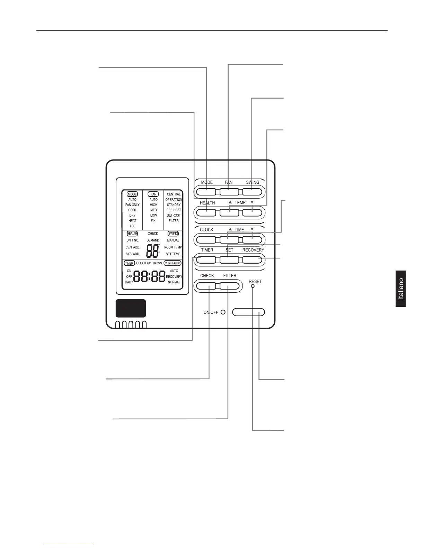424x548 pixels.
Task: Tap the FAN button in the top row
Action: (x=229, y=192)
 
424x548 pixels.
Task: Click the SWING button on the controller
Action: (x=252, y=192)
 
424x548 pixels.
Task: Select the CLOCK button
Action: (x=206, y=239)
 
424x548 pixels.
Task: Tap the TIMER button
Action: (x=206, y=259)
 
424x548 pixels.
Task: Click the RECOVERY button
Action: (x=252, y=259)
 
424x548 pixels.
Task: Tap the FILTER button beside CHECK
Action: (x=229, y=286)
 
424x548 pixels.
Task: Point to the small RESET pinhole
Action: (x=253, y=286)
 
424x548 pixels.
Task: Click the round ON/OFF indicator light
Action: (x=223, y=312)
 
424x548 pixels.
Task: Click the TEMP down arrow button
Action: (x=252, y=212)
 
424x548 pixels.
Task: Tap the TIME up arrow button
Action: (x=229, y=239)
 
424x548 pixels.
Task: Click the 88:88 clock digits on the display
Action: (x=149, y=276)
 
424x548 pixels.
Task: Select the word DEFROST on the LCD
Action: (x=174, y=215)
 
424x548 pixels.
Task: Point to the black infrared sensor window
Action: (x=131, y=308)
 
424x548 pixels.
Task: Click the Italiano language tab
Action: (x=401, y=289)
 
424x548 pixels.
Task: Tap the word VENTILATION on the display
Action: (x=173, y=263)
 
